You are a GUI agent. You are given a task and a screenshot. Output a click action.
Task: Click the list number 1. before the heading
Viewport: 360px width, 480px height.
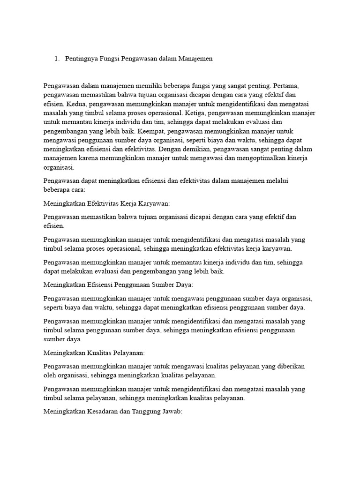point(57,59)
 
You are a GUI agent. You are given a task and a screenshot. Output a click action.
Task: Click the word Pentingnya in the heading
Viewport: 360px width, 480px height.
point(82,59)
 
